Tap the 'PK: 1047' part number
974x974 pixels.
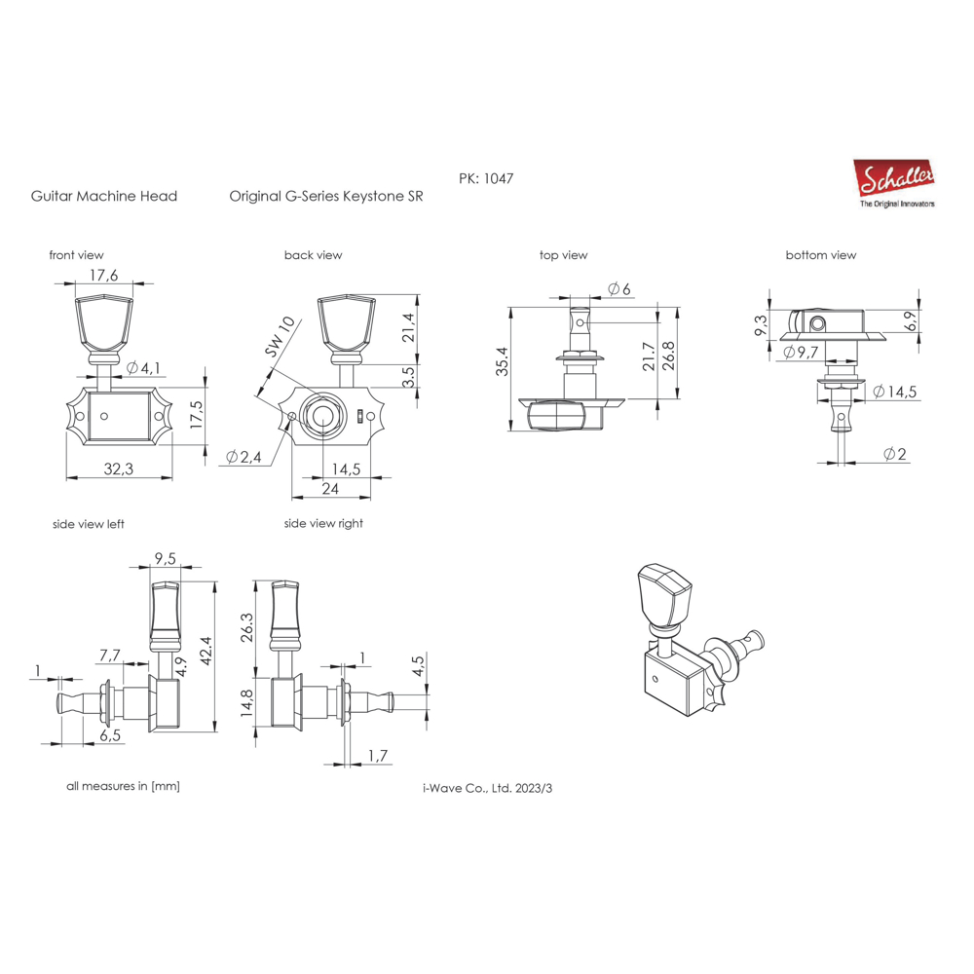coord(486,179)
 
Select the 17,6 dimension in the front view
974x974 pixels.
coord(104,276)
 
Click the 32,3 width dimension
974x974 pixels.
coord(119,469)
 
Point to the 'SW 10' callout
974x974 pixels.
coord(280,337)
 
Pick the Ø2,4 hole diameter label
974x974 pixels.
coord(243,457)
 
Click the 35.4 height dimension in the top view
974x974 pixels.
coord(502,361)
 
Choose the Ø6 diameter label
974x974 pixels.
coord(618,289)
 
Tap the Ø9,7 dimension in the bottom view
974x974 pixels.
coord(801,353)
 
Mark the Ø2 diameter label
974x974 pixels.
coord(895,454)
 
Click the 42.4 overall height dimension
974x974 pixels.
coord(206,651)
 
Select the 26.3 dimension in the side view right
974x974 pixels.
coord(246,627)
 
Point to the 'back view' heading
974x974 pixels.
coord(313,255)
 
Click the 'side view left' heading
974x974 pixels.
coord(89,524)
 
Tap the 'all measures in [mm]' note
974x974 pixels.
coord(123,786)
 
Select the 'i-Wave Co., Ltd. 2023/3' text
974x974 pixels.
coord(488,788)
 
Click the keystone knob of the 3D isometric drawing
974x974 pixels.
coord(663,595)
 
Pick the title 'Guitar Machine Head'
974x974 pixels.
coord(104,197)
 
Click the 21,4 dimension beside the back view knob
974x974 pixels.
coord(407,327)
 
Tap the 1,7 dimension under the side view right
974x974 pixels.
coord(378,756)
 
